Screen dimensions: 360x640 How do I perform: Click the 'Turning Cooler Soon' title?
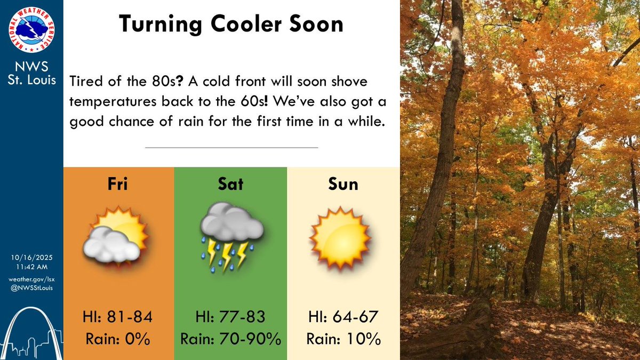[x=231, y=24]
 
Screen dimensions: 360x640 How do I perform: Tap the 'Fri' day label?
[x=118, y=185]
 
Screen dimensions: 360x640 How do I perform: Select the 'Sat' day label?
[x=230, y=185]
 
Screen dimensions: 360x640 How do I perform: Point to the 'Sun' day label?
[x=343, y=185]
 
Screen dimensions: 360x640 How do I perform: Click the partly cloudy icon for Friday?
[x=115, y=237]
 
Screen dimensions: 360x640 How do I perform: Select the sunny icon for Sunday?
[x=340, y=237]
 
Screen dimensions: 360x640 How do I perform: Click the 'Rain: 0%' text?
[x=118, y=339]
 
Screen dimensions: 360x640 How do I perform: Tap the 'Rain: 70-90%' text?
[x=230, y=339]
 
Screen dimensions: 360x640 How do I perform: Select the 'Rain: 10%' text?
[x=343, y=339]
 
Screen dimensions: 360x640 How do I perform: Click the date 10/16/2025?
[x=31, y=258]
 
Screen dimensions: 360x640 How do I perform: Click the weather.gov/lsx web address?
[x=31, y=279]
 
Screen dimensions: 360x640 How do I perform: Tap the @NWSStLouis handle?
[x=31, y=289]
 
